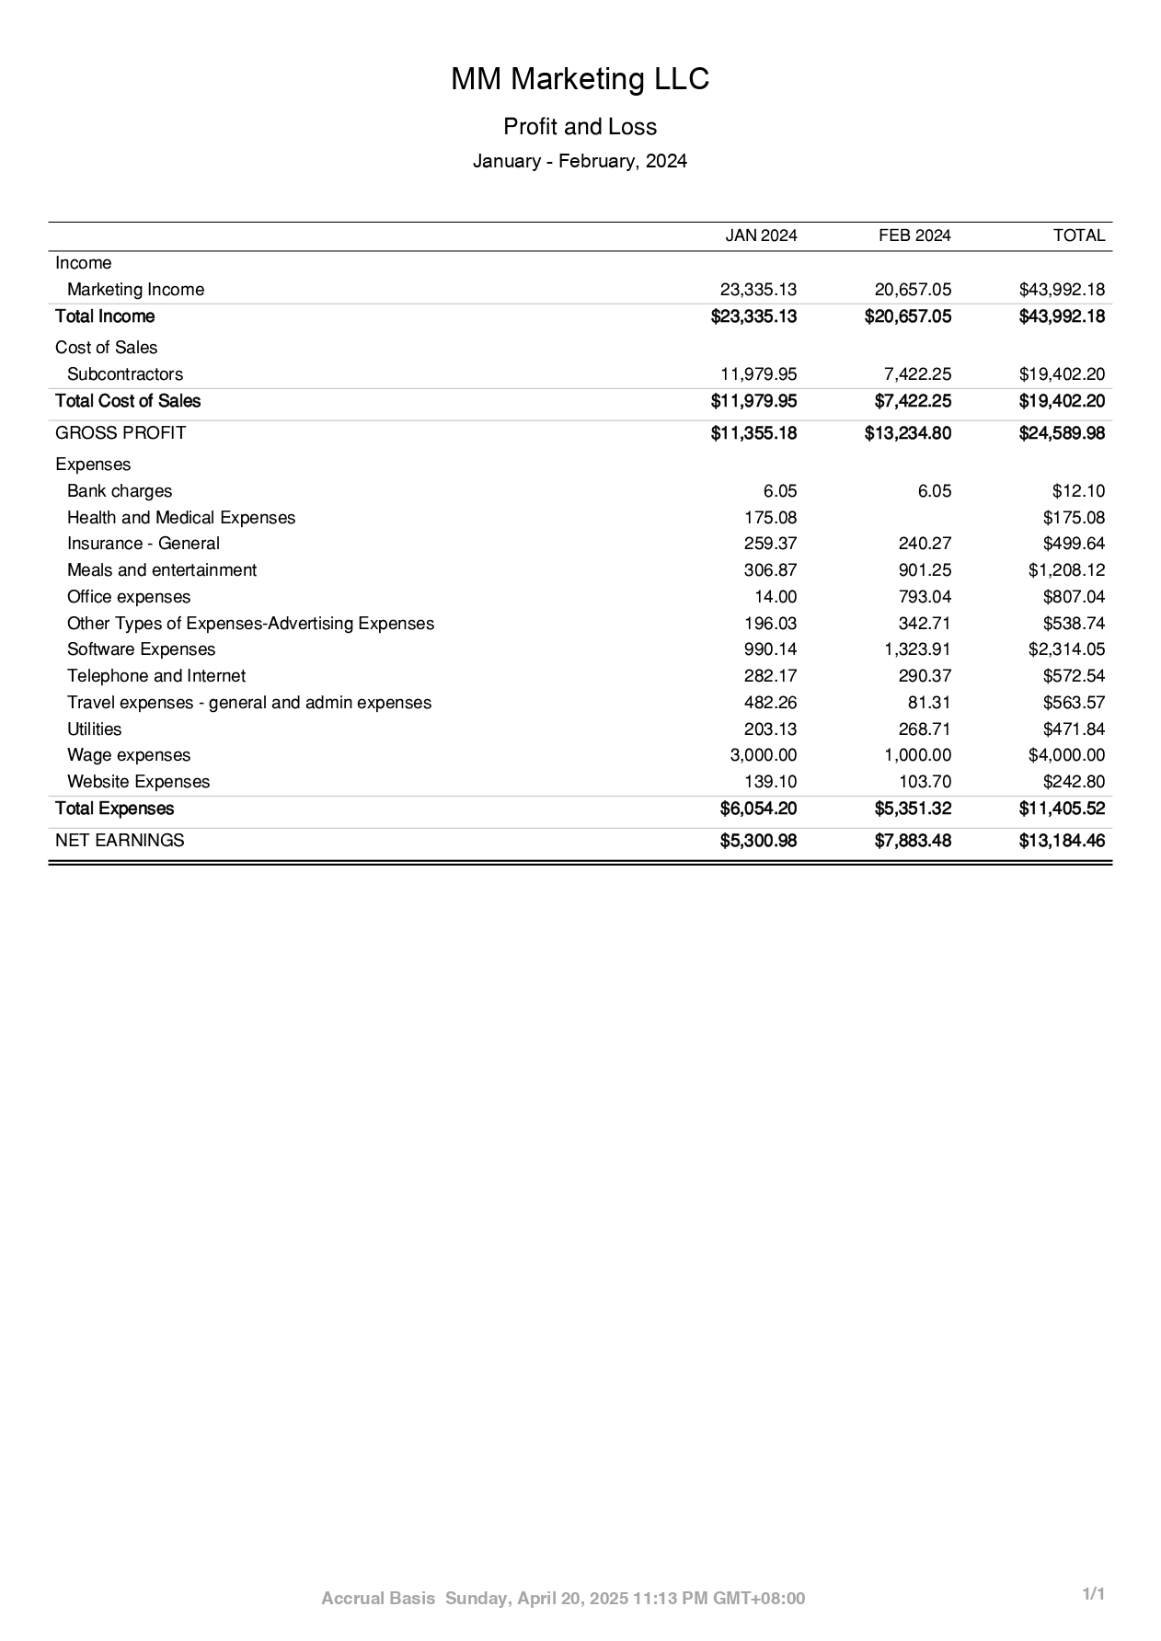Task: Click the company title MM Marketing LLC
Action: click(x=580, y=80)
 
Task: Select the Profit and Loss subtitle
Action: click(x=580, y=127)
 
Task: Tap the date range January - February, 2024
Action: click(x=580, y=162)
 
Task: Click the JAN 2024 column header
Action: click(x=761, y=235)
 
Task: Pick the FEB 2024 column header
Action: click(x=914, y=235)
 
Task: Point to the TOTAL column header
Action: click(x=1078, y=235)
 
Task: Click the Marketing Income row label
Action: click(x=135, y=290)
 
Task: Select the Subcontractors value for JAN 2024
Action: click(x=758, y=374)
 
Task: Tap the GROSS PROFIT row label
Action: click(x=121, y=433)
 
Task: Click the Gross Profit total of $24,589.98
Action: click(x=1062, y=433)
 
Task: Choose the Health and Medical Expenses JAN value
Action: click(x=770, y=518)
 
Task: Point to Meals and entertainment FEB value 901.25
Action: click(x=925, y=570)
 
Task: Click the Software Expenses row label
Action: click(x=141, y=649)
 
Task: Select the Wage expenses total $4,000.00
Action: click(x=1066, y=755)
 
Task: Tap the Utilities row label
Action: click(x=94, y=729)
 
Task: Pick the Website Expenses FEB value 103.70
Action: click(x=925, y=782)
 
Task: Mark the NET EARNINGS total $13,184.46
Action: click(x=1062, y=841)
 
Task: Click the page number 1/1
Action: click(x=1093, y=1594)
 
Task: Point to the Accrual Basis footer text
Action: click(x=378, y=1599)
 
